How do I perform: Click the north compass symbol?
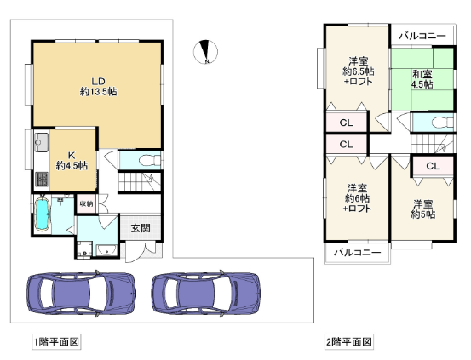pyautogui.click(x=206, y=52)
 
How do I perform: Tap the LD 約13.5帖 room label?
pyautogui.click(x=98, y=86)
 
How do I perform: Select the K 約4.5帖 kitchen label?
pyautogui.click(x=72, y=160)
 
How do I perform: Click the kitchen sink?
pyautogui.click(x=42, y=142)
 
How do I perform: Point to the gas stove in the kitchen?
pyautogui.click(x=42, y=179)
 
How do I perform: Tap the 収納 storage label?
pyautogui.click(x=86, y=204)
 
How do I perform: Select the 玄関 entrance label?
pyautogui.click(x=141, y=228)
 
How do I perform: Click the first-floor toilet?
pyautogui.click(x=150, y=160)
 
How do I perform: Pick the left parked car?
pyautogui.click(x=81, y=293)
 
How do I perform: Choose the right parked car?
pyautogui.click(x=206, y=293)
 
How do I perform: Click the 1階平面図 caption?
pyautogui.click(x=56, y=341)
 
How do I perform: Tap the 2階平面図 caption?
pyautogui.click(x=349, y=341)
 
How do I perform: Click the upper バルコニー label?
pyautogui.click(x=422, y=36)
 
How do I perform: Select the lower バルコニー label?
pyautogui.click(x=358, y=253)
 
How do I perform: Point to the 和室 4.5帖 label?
pyautogui.click(x=422, y=79)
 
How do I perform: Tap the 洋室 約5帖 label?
pyautogui.click(x=423, y=209)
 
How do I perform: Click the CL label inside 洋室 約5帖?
pyautogui.click(x=433, y=166)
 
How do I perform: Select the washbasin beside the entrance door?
pyautogui.click(x=106, y=250)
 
